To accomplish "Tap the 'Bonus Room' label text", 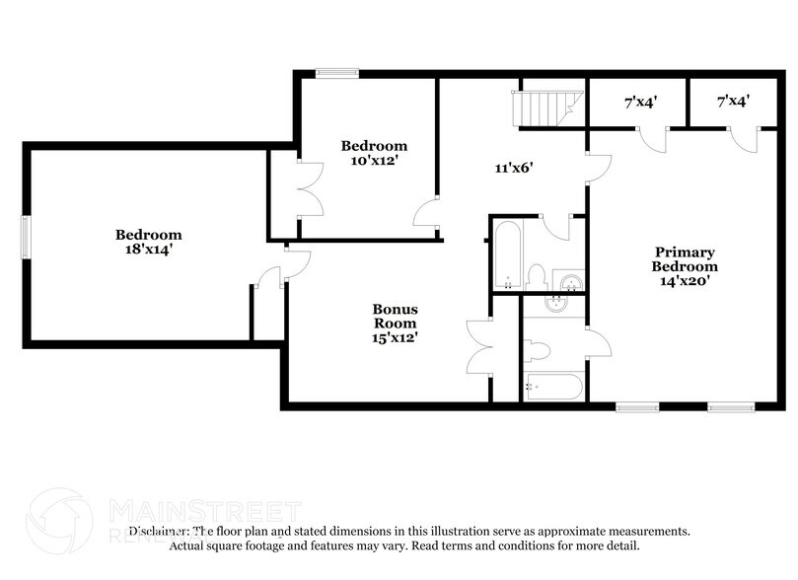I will click(394, 316).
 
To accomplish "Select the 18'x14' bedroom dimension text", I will click(148, 251).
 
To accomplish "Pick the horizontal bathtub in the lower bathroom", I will click(554, 389).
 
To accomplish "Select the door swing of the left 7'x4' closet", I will click(652, 139).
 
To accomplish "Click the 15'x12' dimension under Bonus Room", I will click(394, 337).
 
